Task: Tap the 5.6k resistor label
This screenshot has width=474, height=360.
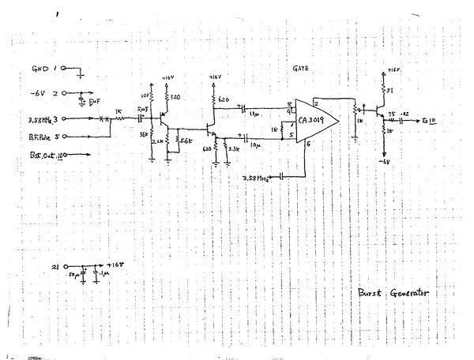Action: (186, 140)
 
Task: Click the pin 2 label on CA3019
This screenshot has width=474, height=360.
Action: (315, 103)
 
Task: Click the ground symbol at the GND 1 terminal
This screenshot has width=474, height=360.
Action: (81, 77)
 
